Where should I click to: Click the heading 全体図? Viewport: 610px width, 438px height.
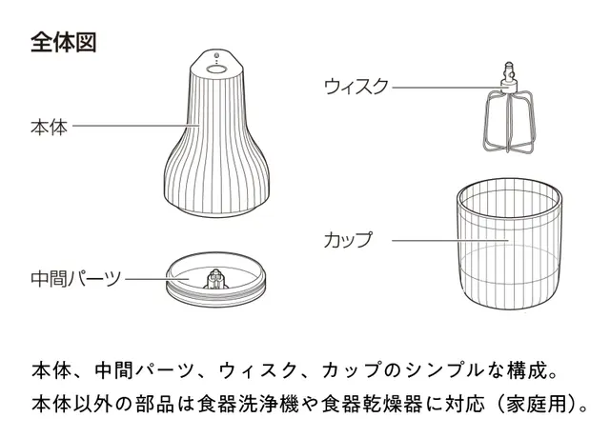[64, 42]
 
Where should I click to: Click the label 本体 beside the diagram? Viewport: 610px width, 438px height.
[50, 127]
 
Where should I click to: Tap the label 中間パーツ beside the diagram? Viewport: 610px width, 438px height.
[76, 279]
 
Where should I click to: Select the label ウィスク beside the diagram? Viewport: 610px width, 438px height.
[356, 87]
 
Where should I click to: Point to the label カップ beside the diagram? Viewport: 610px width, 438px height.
[348, 239]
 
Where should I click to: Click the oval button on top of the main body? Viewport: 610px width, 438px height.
[216, 69]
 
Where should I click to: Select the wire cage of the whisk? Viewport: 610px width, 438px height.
[508, 121]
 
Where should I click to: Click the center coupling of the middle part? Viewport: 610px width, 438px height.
[216, 279]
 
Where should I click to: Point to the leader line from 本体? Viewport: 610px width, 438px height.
[136, 126]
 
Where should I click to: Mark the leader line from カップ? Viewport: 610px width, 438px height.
[451, 240]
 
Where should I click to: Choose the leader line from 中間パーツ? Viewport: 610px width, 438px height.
[156, 279]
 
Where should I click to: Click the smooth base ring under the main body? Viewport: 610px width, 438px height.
[216, 211]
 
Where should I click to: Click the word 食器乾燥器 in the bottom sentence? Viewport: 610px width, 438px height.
[373, 404]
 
